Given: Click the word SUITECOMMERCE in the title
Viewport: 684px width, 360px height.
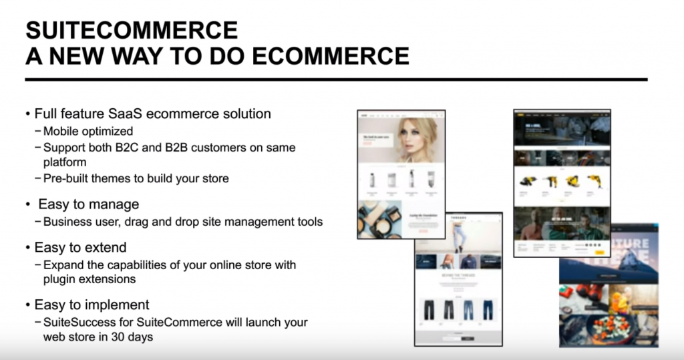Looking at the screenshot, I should tap(132, 30).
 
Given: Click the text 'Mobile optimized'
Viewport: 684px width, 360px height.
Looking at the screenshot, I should tap(88, 131).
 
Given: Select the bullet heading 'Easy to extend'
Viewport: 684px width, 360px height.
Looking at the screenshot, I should tap(80, 247).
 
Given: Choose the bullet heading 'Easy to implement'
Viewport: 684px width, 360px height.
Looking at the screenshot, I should tap(92, 305).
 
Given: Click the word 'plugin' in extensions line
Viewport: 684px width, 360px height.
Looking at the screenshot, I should tap(60, 279).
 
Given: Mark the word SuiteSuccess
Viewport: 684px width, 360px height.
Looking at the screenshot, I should tap(78, 322).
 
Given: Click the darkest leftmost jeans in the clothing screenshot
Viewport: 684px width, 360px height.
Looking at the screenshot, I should tap(430, 309).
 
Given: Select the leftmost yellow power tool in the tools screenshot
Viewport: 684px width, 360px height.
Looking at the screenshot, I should tap(528, 181).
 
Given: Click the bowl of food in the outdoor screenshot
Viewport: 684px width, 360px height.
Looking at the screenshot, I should tap(609, 327).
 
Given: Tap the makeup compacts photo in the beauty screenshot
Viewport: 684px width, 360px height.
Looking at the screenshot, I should tap(379, 220).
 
